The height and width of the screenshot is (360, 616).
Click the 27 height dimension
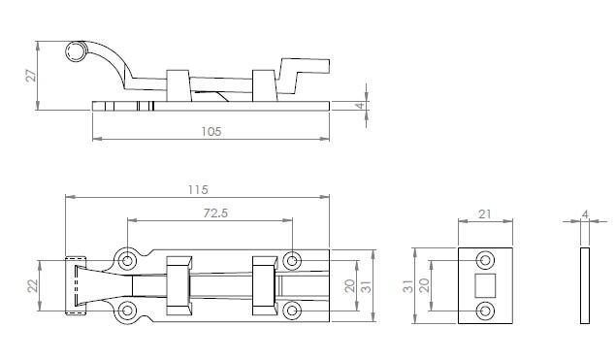click(31, 75)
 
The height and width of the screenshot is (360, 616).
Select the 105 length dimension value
click(211, 131)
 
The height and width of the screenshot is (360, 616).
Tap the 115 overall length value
click(198, 190)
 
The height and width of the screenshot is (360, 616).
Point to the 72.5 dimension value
click(215, 213)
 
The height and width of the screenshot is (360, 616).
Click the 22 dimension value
click(33, 285)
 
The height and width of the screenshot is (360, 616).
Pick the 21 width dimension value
click(485, 214)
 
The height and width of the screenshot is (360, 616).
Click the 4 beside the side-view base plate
click(360, 106)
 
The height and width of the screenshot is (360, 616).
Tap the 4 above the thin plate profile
click(585, 214)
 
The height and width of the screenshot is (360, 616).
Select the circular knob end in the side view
click(76, 51)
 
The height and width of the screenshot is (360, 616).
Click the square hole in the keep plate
click(485, 285)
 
